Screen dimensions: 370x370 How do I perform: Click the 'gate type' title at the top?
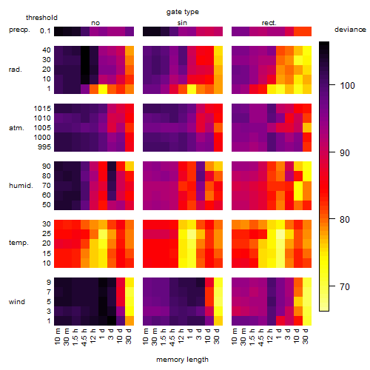tap(183, 12)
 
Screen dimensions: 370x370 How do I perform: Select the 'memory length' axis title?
tap(182, 360)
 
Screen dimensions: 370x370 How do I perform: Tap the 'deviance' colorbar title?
tap(350, 30)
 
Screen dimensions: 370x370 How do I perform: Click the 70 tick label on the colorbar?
tap(345, 287)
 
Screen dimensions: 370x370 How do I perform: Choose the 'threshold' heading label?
tap(41, 18)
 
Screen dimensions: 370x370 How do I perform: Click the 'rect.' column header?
tap(269, 23)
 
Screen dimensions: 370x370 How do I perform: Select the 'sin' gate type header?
tap(182, 23)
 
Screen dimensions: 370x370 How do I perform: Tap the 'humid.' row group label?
tap(21, 186)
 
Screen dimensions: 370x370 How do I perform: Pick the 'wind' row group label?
tap(17, 302)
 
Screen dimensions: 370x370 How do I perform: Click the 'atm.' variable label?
tap(16, 128)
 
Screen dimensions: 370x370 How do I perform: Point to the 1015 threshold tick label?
tap(42, 109)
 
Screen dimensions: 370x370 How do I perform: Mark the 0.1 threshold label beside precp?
tap(45, 31)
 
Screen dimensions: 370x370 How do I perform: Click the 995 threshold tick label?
tap(44, 147)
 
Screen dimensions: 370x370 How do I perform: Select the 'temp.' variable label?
tap(18, 243)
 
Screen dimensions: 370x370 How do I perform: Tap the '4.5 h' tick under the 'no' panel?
tap(84, 337)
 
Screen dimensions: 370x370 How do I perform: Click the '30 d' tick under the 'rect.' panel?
tap(306, 336)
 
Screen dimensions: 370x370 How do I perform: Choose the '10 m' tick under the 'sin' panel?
tap(146, 337)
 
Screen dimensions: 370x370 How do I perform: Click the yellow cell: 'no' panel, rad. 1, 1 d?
tap(103, 89)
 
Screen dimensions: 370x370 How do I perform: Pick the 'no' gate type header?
tap(95, 23)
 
